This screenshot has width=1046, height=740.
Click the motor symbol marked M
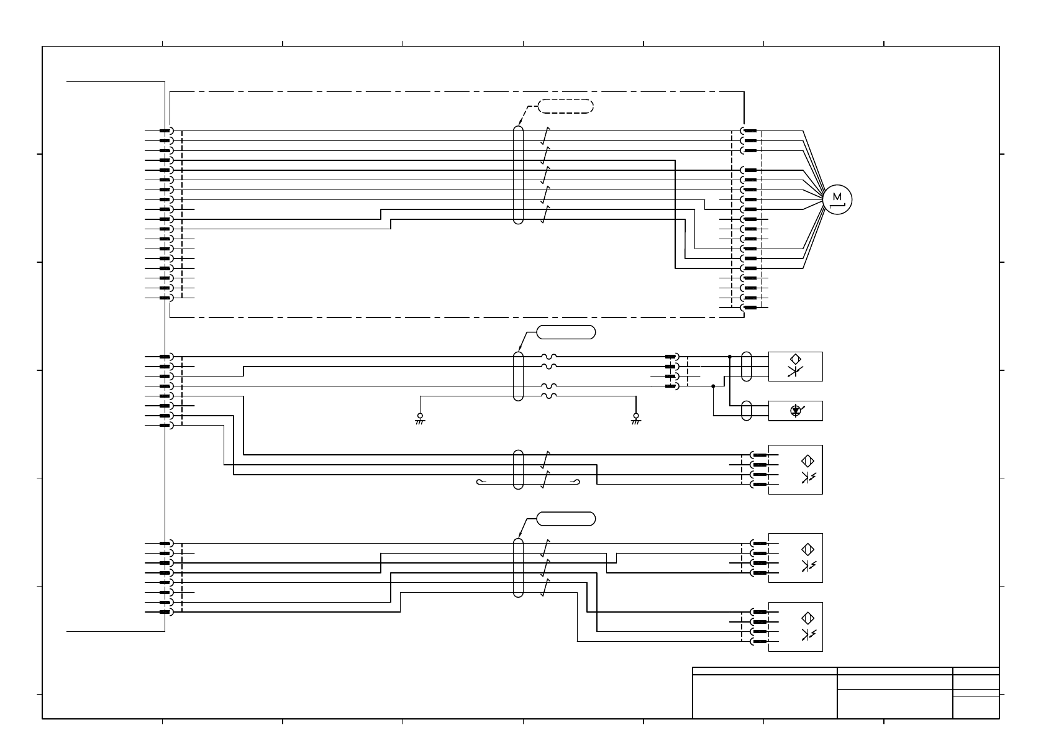tap(838, 199)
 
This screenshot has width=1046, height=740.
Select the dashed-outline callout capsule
tap(565, 106)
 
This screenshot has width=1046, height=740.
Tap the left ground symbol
tap(420, 418)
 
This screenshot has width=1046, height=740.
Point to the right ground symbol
tap(635, 418)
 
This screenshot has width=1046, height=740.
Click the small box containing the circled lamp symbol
tap(795, 411)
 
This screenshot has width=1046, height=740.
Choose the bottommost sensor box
tap(795, 626)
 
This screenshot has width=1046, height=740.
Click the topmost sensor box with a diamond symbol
tap(795, 366)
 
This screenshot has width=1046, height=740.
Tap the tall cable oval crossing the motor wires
tap(519, 175)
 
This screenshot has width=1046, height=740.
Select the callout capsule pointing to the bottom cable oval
tap(565, 518)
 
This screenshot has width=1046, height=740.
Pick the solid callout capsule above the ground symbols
tap(565, 332)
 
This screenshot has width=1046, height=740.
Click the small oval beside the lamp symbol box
tap(747, 411)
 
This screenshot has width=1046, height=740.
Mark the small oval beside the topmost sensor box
tap(747, 366)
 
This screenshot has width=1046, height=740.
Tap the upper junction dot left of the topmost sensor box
tap(730, 357)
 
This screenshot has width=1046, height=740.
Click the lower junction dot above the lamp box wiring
tap(713, 386)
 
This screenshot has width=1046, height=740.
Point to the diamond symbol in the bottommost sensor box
tap(808, 618)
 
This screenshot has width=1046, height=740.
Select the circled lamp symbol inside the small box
tap(796, 410)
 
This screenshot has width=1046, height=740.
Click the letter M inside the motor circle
tap(838, 196)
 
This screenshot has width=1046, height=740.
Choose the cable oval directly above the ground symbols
tap(519, 376)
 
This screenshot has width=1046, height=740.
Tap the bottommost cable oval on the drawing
tap(519, 567)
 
